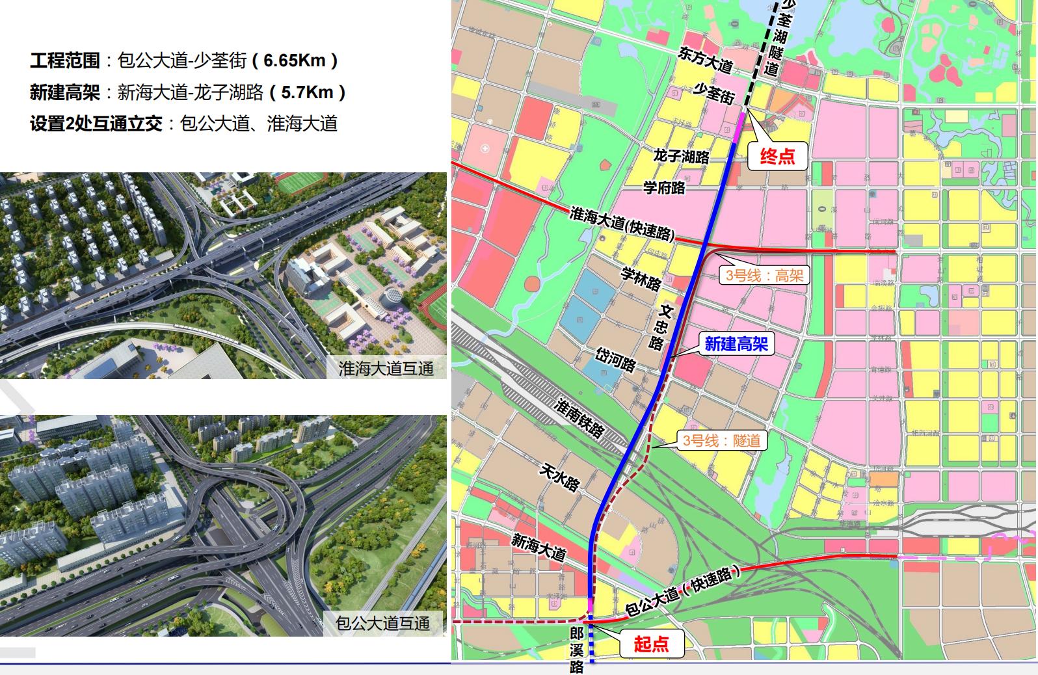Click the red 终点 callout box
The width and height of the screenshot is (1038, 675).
(777, 156)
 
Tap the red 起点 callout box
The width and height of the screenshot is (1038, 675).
(651, 644)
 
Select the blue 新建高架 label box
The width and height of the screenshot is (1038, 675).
(736, 343)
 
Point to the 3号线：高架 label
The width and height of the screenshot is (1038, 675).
(764, 275)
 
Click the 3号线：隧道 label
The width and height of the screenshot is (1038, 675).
(721, 440)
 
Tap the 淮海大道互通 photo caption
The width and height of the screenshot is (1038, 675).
(386, 369)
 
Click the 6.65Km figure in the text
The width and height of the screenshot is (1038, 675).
(295, 60)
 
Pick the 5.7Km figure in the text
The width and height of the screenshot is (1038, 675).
(307, 92)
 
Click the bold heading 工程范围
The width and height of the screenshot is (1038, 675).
(65, 60)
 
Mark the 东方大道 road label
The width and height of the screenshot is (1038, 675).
(706, 60)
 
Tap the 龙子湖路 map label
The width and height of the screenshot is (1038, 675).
(682, 156)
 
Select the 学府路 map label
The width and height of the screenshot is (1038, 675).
(664, 187)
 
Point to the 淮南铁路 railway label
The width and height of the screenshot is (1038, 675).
(579, 419)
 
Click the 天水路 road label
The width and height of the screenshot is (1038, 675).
(559, 479)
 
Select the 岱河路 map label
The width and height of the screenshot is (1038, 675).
(615, 359)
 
